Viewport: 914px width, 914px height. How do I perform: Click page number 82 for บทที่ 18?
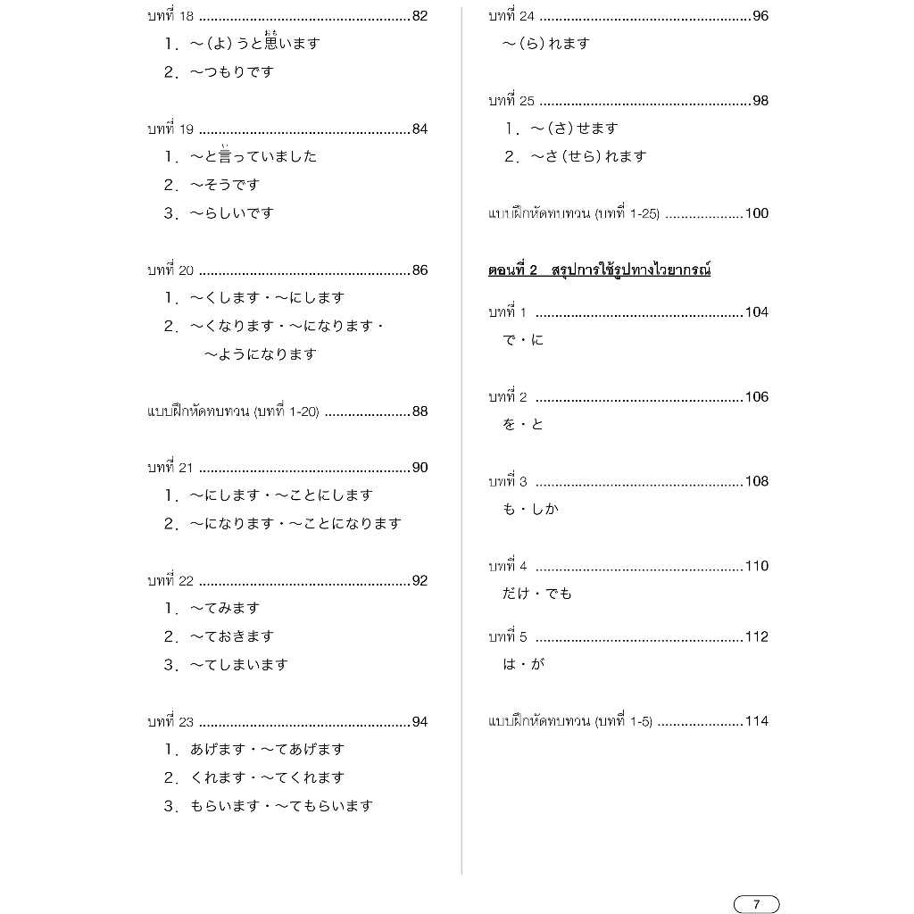pyautogui.click(x=420, y=16)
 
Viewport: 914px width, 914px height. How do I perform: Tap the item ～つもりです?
pyautogui.click(x=231, y=72)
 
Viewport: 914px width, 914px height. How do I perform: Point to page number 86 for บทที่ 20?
pyautogui.click(x=420, y=270)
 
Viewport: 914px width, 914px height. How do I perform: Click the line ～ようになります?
pyautogui.click(x=260, y=354)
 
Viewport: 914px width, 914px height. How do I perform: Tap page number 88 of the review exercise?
pyautogui.click(x=420, y=411)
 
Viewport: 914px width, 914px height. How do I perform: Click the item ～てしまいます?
pyautogui.click(x=238, y=665)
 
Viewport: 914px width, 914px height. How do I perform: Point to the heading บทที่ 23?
pyautogui.click(x=170, y=721)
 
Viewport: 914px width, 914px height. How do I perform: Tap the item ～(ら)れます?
pyautogui.click(x=545, y=44)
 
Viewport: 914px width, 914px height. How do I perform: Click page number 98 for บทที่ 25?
pyautogui.click(x=760, y=101)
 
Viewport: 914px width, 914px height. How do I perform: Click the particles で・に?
pyautogui.click(x=523, y=340)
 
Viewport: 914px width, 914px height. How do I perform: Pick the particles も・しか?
pyautogui.click(x=530, y=510)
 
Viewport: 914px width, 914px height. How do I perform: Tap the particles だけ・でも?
pyautogui.click(x=537, y=594)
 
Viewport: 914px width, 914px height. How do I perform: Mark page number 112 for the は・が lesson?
pyautogui.click(x=757, y=636)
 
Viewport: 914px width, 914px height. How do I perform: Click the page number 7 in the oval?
pyautogui.click(x=756, y=904)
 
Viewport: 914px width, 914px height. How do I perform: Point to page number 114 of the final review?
pyautogui.click(x=757, y=721)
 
